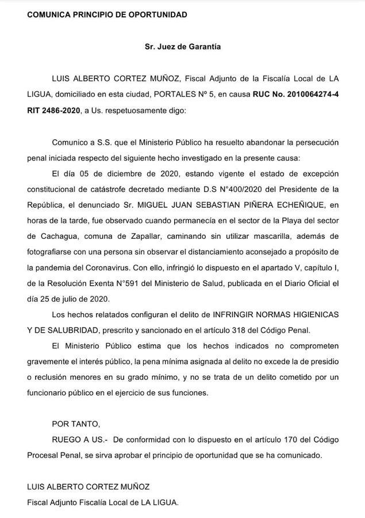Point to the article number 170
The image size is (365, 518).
pos(290,440)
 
